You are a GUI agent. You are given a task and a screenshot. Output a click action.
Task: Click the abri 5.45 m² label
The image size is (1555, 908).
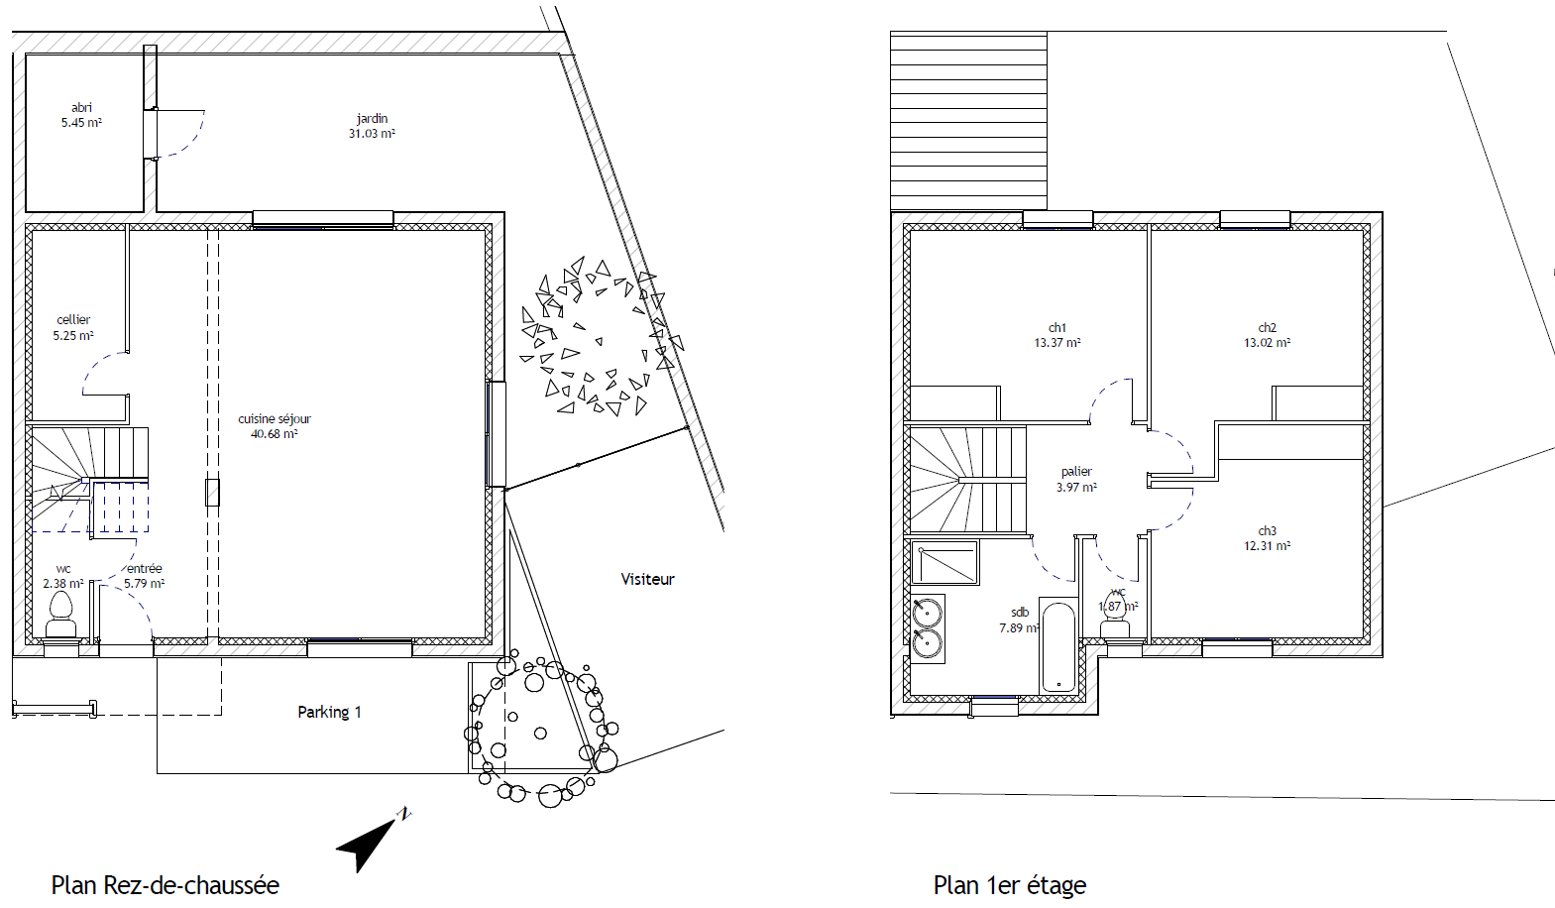[x=81, y=115]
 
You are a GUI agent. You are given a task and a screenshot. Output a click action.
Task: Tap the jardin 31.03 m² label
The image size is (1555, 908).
[x=372, y=126]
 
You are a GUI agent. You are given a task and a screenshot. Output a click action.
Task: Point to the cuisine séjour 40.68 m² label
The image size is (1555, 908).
[x=275, y=426]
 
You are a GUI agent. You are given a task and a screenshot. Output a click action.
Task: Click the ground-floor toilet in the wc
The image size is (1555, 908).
[x=61, y=615]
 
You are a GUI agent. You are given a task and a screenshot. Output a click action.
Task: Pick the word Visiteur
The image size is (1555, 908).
[x=648, y=579]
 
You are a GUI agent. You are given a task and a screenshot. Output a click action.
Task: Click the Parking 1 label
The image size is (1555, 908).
[x=329, y=712]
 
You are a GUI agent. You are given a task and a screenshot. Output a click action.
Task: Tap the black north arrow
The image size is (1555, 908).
[x=368, y=842]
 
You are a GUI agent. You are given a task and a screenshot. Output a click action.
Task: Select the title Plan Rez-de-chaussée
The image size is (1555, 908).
[x=166, y=885]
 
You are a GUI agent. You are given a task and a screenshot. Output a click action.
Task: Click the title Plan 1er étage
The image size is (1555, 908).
[x=1009, y=885]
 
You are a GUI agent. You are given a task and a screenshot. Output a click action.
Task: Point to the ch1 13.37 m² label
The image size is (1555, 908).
[x=1057, y=335]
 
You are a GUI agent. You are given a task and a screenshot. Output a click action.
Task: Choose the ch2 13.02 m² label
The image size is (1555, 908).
[x=1267, y=335]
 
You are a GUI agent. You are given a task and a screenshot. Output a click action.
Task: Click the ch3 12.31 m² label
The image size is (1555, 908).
[x=1267, y=538]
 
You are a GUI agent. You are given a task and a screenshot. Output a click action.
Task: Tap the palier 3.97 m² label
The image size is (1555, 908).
[x=1076, y=479]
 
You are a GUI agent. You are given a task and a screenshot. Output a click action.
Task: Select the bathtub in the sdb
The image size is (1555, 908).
[x=1057, y=646]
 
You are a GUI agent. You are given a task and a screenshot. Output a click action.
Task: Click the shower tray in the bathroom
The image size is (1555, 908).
[x=944, y=563]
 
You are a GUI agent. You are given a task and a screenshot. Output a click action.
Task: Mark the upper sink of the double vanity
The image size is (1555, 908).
[x=927, y=613]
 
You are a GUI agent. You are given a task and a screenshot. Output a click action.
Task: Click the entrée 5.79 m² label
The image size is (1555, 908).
[x=145, y=576]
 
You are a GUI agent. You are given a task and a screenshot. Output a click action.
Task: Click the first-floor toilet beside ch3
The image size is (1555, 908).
[x=1115, y=628]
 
